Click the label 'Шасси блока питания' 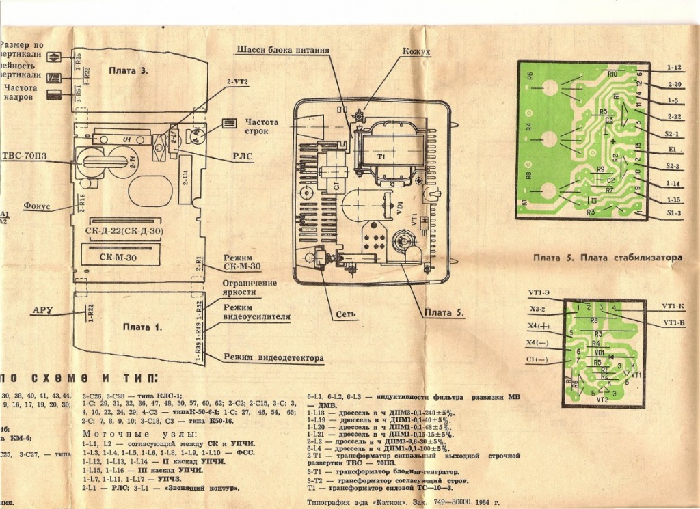click(284, 51)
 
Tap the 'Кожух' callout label click(416, 51)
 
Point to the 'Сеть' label click(345, 316)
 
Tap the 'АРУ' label click(42, 311)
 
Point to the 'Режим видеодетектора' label click(273, 358)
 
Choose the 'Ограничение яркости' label click(250, 288)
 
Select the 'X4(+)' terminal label click(539, 325)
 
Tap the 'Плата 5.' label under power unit click(444, 313)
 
